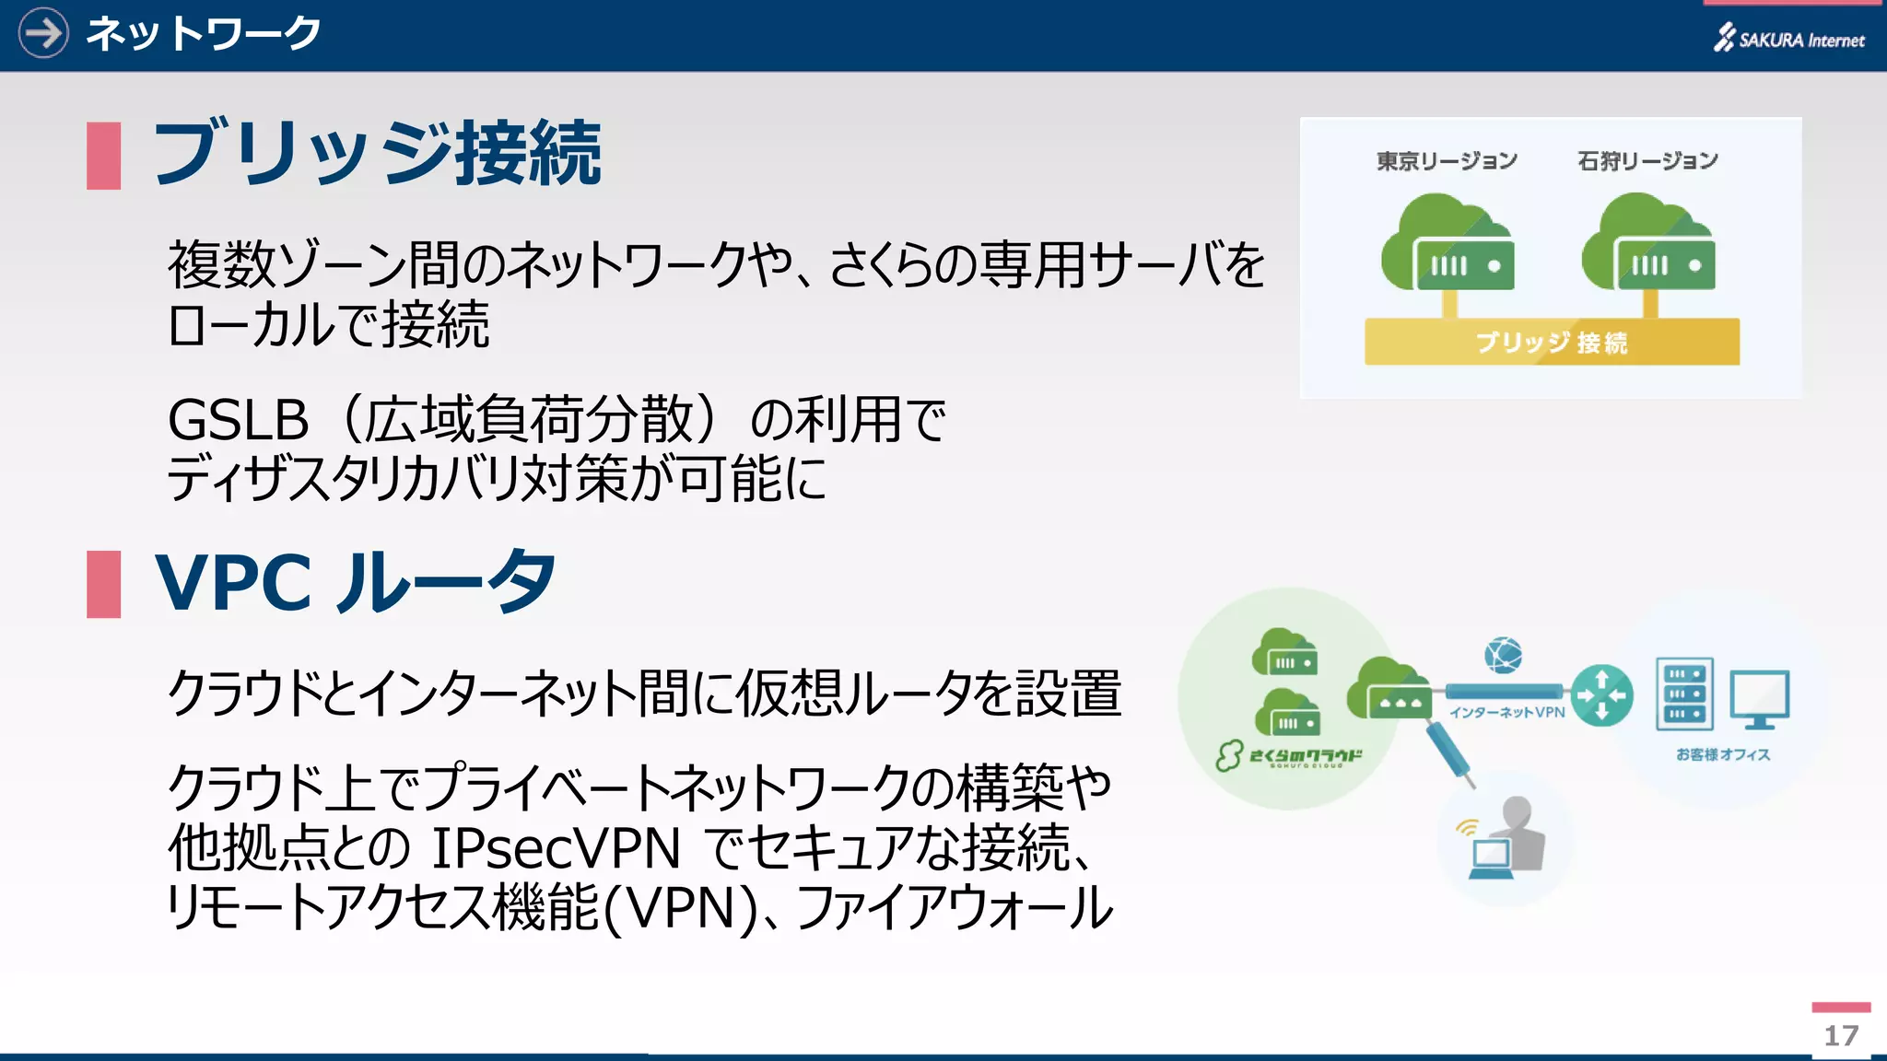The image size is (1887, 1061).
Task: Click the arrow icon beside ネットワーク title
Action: pos(43,33)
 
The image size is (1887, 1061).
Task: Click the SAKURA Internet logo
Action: pos(1789,39)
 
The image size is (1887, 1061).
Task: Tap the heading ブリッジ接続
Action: pos(376,154)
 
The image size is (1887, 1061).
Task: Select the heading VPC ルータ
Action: pos(356,583)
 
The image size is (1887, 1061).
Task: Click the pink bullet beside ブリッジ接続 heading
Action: pos(103,156)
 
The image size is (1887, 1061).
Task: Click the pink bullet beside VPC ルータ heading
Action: pos(103,584)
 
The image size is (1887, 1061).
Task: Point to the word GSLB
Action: pos(238,420)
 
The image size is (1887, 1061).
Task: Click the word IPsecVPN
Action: pos(556,848)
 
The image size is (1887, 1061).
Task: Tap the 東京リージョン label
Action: pos(1447,161)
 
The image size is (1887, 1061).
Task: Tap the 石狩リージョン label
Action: pos(1647,161)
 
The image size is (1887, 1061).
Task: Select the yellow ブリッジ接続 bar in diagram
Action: pos(1552,342)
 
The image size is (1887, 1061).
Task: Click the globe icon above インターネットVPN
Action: pos(1503,656)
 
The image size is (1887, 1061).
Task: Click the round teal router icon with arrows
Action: pos(1601,695)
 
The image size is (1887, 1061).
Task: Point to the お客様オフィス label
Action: pos(1722,754)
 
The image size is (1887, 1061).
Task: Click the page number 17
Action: pos(1841,1035)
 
